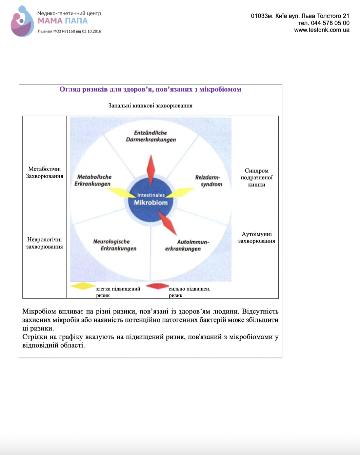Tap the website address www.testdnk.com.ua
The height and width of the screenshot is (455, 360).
pyautogui.click(x=322, y=30)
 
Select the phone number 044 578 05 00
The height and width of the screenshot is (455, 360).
pyautogui.click(x=330, y=23)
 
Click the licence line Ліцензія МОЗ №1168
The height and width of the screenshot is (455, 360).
pyautogui.click(x=69, y=32)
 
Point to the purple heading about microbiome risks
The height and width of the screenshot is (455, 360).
pyautogui.click(x=150, y=89)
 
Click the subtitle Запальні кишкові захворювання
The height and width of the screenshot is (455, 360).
pyautogui.click(x=150, y=105)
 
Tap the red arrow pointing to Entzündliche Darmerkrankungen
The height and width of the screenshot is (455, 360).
pyautogui.click(x=151, y=170)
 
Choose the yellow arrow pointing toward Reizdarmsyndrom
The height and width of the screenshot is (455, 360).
pyautogui.click(x=180, y=192)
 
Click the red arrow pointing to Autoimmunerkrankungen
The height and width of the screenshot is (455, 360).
pyautogui.click(x=167, y=223)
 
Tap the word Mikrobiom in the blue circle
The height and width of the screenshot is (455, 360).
pyautogui.click(x=151, y=202)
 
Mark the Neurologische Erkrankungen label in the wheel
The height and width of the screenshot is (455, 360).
pyautogui.click(x=115, y=245)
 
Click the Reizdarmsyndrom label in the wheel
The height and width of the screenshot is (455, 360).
pyautogui.click(x=208, y=181)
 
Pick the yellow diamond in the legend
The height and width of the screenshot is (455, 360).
pyautogui.click(x=83, y=286)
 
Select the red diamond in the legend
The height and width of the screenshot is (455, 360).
pyautogui.click(x=157, y=286)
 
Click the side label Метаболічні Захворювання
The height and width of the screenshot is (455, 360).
pyautogui.click(x=44, y=173)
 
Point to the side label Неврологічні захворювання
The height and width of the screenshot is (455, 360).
pyautogui.click(x=44, y=243)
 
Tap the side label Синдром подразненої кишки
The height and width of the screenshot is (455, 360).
pyautogui.click(x=257, y=178)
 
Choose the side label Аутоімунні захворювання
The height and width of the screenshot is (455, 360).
pyautogui.click(x=257, y=237)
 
